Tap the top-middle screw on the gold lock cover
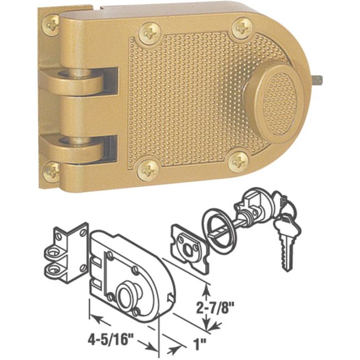[x=150, y=33]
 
